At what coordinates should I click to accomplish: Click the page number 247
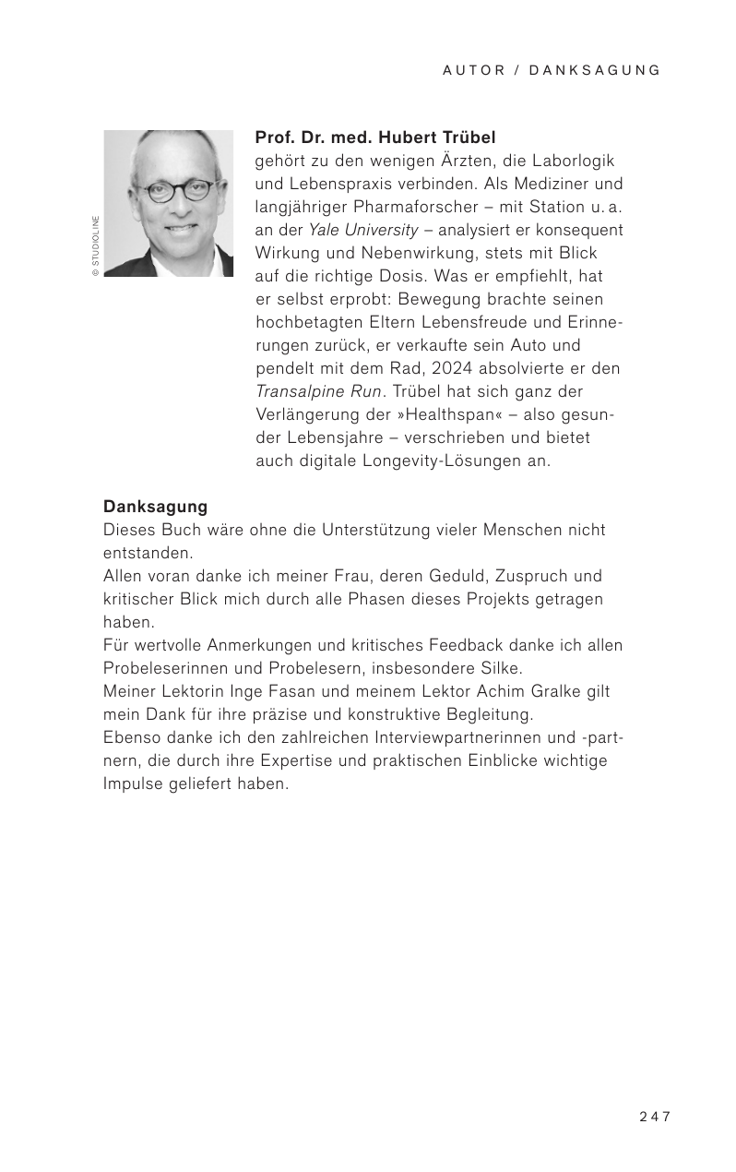(x=654, y=1117)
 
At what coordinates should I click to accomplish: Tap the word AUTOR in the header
(x=474, y=70)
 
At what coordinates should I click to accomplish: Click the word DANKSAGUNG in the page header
(x=596, y=70)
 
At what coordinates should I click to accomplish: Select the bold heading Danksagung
(x=155, y=507)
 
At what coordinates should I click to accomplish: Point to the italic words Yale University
(x=362, y=230)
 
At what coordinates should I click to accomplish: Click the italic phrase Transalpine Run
(x=317, y=391)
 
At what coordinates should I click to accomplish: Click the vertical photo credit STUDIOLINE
(x=94, y=246)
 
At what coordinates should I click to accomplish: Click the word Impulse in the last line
(x=136, y=783)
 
